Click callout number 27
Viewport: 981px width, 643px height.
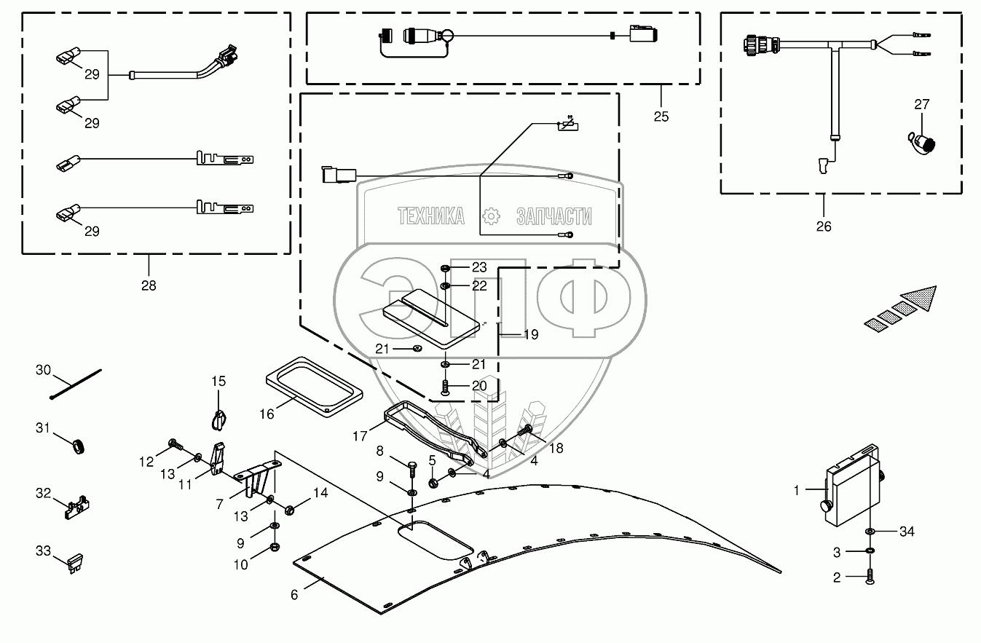922,105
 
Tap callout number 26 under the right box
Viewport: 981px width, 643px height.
824,226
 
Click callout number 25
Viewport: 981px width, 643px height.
661,117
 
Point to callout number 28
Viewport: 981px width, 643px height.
149,285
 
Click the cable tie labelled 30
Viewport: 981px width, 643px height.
76,384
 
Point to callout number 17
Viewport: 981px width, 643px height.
359,436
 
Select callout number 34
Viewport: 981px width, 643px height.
906,532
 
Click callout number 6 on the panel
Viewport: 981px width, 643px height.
294,594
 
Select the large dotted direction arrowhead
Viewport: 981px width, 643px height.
920,297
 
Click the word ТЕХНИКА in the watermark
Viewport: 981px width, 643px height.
430,216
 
